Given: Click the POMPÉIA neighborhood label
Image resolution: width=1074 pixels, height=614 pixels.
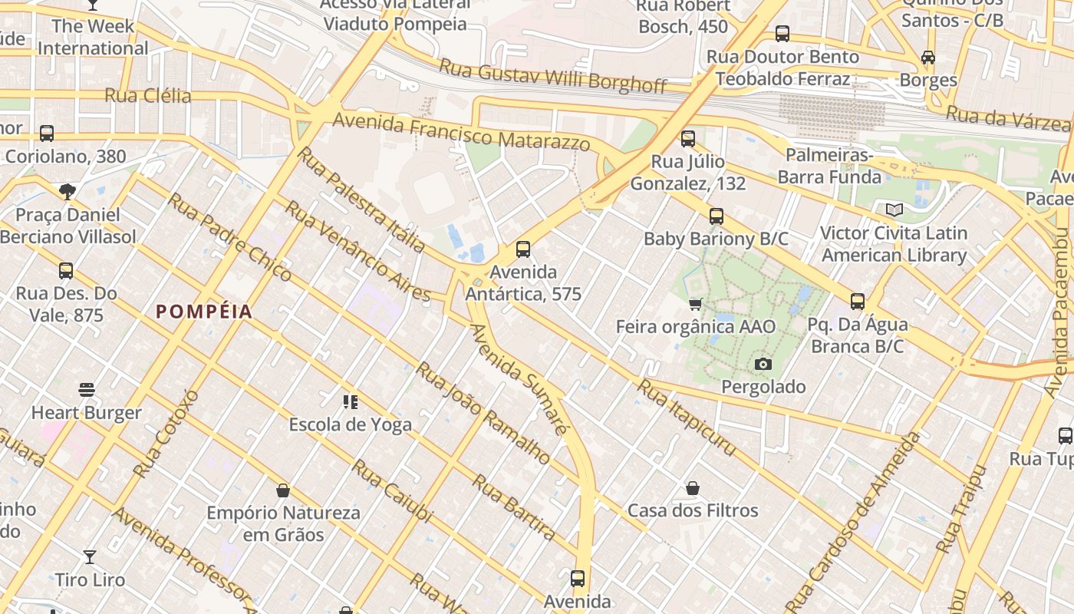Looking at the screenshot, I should (204, 312).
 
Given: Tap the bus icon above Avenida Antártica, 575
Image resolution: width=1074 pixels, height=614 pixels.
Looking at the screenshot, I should (523, 249).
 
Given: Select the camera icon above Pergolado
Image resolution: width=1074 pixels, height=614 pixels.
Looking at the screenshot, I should (763, 364).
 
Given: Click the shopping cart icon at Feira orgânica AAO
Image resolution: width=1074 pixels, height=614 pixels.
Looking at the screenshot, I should (696, 305).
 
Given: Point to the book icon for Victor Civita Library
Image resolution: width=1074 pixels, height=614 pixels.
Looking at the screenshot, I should (894, 210).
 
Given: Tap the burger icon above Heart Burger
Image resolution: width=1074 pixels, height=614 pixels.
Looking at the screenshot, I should (87, 390).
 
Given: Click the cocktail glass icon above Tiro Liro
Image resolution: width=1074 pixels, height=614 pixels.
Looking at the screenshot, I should (90, 556).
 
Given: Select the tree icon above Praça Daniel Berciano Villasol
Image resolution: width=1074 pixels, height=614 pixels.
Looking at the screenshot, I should (68, 192).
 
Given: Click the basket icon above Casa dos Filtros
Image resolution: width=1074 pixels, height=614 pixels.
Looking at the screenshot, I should (693, 488).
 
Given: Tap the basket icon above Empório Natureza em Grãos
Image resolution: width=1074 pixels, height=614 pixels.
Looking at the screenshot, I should (283, 490).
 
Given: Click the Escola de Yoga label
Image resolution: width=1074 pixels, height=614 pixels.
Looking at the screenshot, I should (350, 424).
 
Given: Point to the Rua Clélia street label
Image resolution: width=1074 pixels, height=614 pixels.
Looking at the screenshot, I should (147, 96).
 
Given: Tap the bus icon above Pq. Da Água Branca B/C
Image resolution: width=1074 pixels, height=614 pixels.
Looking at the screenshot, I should (858, 302).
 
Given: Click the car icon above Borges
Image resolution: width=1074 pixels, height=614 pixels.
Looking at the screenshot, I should (928, 58).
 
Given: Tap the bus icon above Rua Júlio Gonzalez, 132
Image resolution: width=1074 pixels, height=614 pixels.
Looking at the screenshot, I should (688, 139).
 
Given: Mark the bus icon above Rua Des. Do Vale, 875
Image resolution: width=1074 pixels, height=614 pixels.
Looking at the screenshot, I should (66, 271).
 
